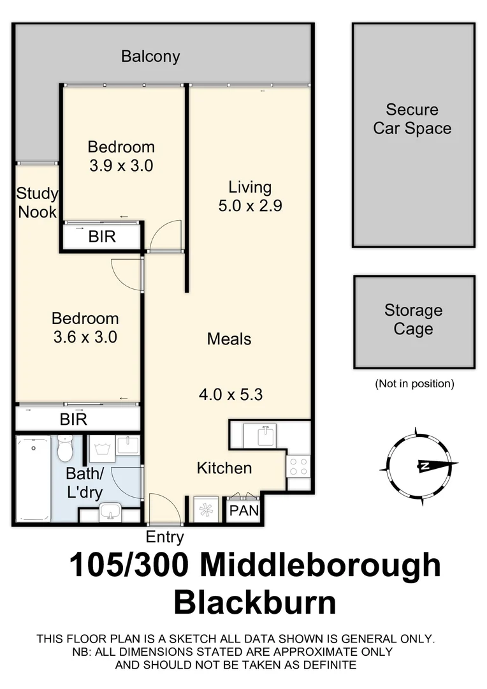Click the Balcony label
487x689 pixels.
(x=150, y=56)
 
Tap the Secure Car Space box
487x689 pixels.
(x=413, y=135)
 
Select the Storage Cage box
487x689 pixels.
(x=414, y=322)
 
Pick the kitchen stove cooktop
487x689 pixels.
(x=299, y=464)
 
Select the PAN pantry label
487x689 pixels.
(x=243, y=511)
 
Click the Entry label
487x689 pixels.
(x=165, y=537)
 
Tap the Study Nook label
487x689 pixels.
(x=37, y=203)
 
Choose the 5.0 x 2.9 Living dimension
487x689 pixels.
(x=250, y=206)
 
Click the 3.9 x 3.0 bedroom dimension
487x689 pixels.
(x=121, y=166)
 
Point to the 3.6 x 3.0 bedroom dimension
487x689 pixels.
(x=85, y=337)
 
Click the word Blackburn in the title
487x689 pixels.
(x=255, y=602)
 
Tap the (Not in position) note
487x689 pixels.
(x=414, y=383)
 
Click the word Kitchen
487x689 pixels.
(x=224, y=468)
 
